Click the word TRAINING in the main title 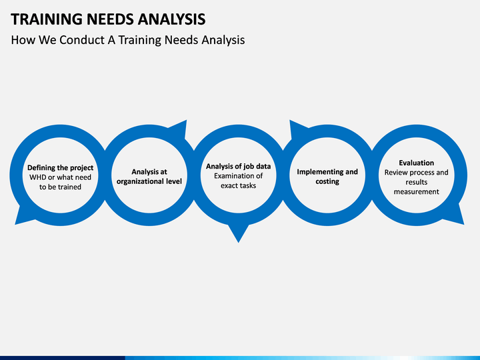coord(47,19)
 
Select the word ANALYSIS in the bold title coord(171,19)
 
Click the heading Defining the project coord(60,168)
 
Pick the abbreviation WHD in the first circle coord(37,177)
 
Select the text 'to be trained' coord(60,187)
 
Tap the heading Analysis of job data coord(238,166)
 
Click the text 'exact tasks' coord(238,185)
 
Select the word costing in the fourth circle coord(327,181)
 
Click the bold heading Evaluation coord(416,163)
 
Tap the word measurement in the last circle coord(416,191)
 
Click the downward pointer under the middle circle coord(238,233)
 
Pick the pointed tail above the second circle coord(181,128)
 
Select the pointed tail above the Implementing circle coord(296,128)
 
